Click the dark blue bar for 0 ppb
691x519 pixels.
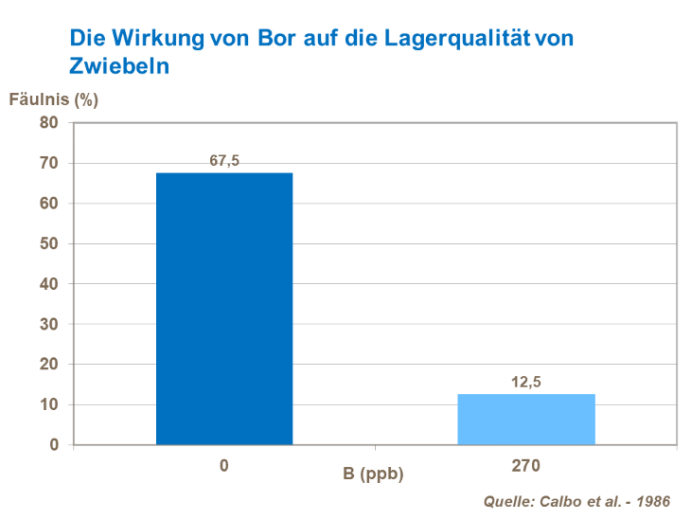[x=224, y=308]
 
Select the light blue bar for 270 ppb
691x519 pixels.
[x=526, y=419]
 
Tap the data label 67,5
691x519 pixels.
[x=224, y=161]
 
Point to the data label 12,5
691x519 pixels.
[x=526, y=382]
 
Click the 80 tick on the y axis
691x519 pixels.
[x=49, y=123]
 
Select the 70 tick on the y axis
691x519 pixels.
[x=49, y=163]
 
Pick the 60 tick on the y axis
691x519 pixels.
[x=49, y=204]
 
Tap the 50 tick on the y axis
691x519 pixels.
[x=49, y=243]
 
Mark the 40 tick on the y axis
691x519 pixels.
[x=49, y=284]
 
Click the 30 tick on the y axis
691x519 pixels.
[x=49, y=324]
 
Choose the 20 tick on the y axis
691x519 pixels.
[x=49, y=365]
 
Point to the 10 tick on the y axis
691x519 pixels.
[x=49, y=404]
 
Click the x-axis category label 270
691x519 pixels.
[x=526, y=466]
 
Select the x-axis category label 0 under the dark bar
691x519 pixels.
[x=224, y=466]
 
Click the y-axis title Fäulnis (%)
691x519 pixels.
[x=54, y=98]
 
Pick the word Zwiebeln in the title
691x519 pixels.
[x=118, y=66]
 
